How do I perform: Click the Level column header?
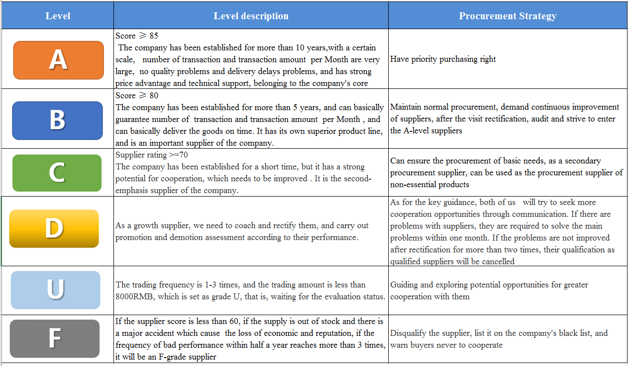[58, 16]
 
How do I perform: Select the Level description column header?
[251, 16]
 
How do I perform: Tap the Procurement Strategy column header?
[508, 16]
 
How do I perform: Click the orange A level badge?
[58, 60]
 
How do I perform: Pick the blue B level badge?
[58, 120]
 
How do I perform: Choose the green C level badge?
[57, 173]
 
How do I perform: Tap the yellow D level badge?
[54, 228]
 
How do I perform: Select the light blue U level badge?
[55, 289]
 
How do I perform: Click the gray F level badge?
[54, 338]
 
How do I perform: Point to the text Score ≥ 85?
[137, 36]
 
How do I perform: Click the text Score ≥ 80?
[137, 95]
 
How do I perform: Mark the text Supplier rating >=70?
[151, 155]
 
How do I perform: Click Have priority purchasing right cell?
[443, 59]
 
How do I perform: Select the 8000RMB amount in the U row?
[137, 297]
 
